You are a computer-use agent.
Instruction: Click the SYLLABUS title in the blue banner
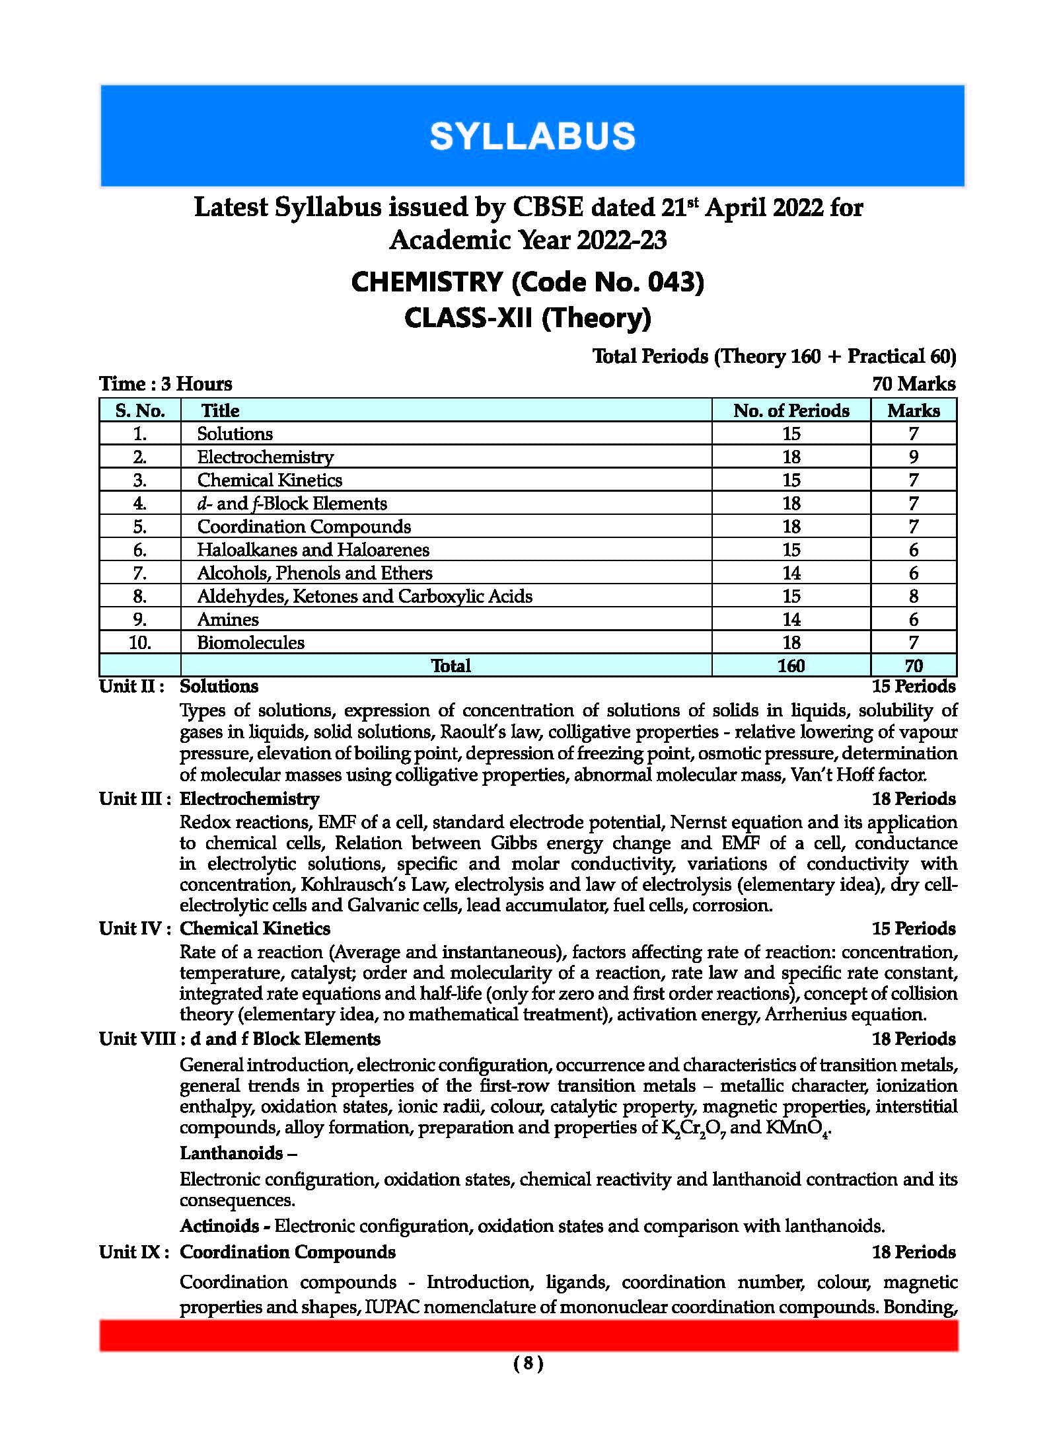pos(532,136)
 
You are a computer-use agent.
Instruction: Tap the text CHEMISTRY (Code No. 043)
pos(527,282)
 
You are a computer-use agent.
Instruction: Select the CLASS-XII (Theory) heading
pos(527,318)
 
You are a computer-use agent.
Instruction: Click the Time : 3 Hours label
pos(165,384)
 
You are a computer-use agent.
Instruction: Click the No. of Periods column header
pos(791,410)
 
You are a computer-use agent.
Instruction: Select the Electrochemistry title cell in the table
pos(265,457)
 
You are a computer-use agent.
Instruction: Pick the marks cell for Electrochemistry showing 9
pos(913,457)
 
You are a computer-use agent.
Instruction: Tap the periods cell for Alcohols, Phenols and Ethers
pos(791,573)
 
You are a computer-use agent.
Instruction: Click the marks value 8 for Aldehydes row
pos(913,596)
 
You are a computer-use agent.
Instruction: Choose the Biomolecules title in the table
pos(250,642)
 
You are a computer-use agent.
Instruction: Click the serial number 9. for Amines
pos(139,619)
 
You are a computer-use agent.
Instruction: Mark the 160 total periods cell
pos(791,666)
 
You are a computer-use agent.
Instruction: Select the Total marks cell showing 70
pos(913,666)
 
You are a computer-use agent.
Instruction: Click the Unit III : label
pos(135,798)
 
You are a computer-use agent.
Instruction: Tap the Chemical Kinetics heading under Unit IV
pos(254,929)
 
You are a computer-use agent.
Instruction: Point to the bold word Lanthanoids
pos(231,1153)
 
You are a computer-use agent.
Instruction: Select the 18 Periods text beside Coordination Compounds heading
pos(913,1252)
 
